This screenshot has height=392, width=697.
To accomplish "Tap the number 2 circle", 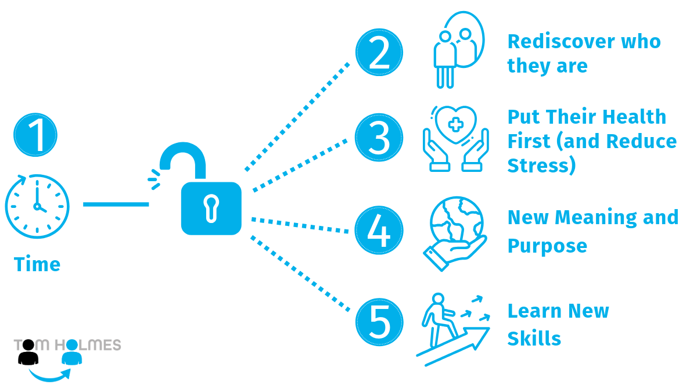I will [379, 53].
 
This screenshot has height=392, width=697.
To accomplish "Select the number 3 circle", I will [379, 138].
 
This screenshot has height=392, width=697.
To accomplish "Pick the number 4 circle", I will [379, 231].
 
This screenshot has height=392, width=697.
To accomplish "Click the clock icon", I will [37, 206].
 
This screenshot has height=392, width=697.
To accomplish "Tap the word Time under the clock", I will [37, 265].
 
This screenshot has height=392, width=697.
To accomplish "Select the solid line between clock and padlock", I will [116, 204].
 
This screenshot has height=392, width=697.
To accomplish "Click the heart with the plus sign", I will [455, 124].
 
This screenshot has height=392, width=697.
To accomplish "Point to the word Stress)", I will [541, 166].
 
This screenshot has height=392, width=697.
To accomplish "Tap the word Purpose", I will [547, 246].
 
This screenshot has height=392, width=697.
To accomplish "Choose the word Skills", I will [534, 338].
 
